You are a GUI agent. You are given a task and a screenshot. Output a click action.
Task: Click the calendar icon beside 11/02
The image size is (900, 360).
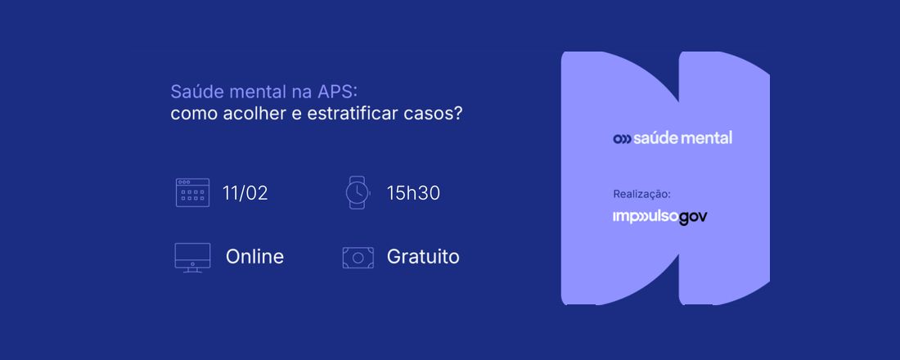pos(192,192)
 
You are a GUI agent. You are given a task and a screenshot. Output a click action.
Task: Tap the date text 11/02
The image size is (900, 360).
pos(245,193)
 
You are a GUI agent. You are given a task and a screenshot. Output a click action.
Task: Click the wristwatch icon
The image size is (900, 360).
pos(357,192)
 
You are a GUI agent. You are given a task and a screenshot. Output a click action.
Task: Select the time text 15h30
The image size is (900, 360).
pos(413,193)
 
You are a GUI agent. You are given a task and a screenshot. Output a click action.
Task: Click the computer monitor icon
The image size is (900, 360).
pos(192,257)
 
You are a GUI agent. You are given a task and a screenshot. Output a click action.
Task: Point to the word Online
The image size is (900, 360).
pos(254,257)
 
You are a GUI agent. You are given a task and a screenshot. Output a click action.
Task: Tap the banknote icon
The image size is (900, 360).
pos(358,257)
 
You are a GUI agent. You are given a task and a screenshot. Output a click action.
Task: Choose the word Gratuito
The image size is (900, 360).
pos(423,257)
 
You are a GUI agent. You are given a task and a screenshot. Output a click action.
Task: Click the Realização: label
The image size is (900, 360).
pos(641,194)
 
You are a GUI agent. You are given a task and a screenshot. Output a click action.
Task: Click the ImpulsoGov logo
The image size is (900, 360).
pos(659,217)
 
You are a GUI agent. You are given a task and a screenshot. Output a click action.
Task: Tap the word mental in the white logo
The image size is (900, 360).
pos(707,137)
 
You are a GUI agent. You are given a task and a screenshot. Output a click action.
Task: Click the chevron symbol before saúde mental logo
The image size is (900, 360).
pos(622,138)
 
